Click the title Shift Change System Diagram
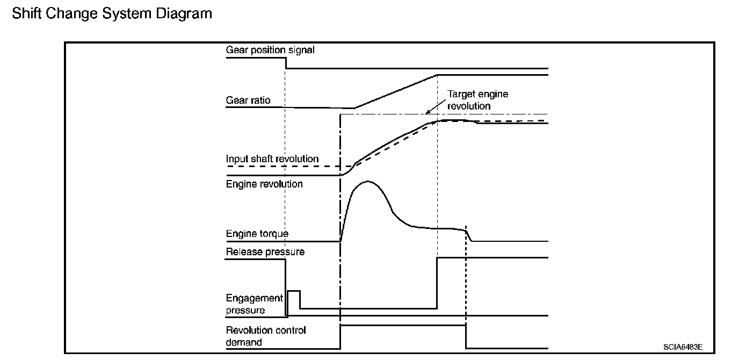pyautogui.click(x=112, y=13)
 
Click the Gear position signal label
pyautogui.click(x=270, y=50)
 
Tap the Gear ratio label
pyautogui.click(x=248, y=100)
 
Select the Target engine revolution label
pyautogui.click(x=477, y=100)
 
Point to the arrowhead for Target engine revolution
pyautogui.click(x=428, y=112)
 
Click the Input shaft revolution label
pyautogui.click(x=272, y=159)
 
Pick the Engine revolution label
pyautogui.click(x=264, y=184)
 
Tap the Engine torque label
pyautogui.click(x=257, y=234)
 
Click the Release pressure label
pyautogui.click(x=265, y=251)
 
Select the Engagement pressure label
pyautogui.click(x=254, y=304)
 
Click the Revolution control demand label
pyautogui.click(x=266, y=336)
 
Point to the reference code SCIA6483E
pyautogui.click(x=683, y=347)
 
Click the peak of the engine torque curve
pyautogui.click(x=367, y=182)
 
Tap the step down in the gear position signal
pyautogui.click(x=285, y=63)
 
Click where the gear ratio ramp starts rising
pyautogui.click(x=354, y=108)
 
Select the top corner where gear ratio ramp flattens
pyautogui.click(x=438, y=75)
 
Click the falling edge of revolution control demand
pyautogui.click(x=466, y=336)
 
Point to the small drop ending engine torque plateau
pyautogui.click(x=469, y=235)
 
